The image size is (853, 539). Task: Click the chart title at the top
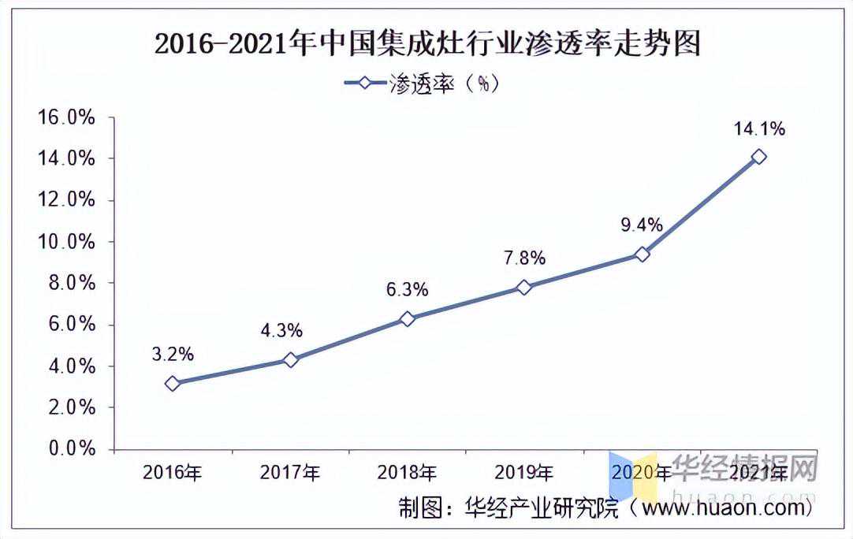426,43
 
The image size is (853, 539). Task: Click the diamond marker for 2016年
173,384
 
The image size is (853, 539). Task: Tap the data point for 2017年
290,359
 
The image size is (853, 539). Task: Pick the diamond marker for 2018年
407,318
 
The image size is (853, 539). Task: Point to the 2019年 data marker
524,287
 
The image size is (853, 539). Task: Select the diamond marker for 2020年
642,254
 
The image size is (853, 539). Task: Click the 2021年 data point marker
758,157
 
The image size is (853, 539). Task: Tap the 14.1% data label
758,128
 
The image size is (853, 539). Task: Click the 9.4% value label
641,225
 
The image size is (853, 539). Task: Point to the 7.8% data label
524,258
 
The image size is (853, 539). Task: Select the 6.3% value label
407,290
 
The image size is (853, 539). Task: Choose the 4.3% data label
281,331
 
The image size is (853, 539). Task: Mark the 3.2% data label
173,355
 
